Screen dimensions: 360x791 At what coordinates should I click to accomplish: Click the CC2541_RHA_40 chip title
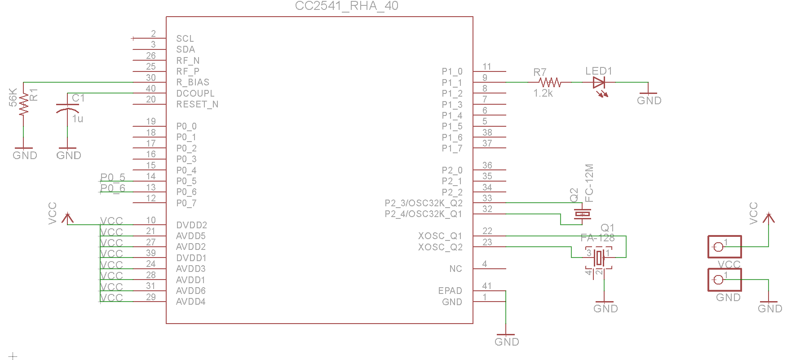tap(346, 6)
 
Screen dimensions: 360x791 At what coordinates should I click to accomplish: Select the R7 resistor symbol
tap(550, 82)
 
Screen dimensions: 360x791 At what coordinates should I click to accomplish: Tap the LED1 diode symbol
tap(599, 83)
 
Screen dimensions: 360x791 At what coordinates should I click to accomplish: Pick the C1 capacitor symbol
tap(67, 109)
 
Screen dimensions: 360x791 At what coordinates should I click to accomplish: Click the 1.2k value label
tap(543, 93)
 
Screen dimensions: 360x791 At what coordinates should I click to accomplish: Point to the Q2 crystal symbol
tap(582, 214)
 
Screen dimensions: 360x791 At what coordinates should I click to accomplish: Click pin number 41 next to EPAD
tap(487, 286)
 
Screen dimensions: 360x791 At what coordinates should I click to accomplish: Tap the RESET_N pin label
tap(197, 104)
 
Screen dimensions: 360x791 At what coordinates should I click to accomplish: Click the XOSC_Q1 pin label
tap(440, 236)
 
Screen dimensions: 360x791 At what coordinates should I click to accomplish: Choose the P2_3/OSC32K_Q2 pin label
tap(423, 203)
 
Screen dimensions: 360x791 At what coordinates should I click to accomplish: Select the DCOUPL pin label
tap(195, 93)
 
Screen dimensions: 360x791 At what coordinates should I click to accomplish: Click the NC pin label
tap(455, 269)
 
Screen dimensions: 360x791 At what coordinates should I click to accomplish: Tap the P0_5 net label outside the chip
tap(113, 177)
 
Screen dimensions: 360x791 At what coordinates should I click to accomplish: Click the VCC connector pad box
tap(724, 247)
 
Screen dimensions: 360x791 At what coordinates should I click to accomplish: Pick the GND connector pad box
tap(724, 280)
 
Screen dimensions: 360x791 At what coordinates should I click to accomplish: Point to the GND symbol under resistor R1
tap(24, 153)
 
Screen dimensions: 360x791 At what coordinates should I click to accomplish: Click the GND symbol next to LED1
tap(649, 98)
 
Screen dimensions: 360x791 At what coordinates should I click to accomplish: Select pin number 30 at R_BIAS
tap(151, 78)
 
